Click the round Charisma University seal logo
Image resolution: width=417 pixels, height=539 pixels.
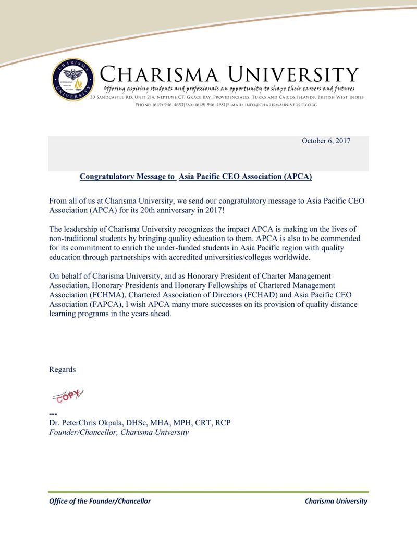click(72, 80)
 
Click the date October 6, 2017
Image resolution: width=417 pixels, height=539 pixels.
click(326, 141)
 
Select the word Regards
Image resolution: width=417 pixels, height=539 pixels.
click(63, 369)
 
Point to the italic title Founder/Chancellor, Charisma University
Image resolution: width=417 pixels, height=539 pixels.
click(119, 432)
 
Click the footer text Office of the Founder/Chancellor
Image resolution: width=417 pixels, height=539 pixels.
click(100, 501)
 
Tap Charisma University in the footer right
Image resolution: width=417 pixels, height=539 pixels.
click(336, 501)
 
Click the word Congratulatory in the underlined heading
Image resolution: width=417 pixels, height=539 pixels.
click(107, 177)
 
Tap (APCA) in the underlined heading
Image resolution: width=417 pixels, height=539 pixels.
click(298, 177)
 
